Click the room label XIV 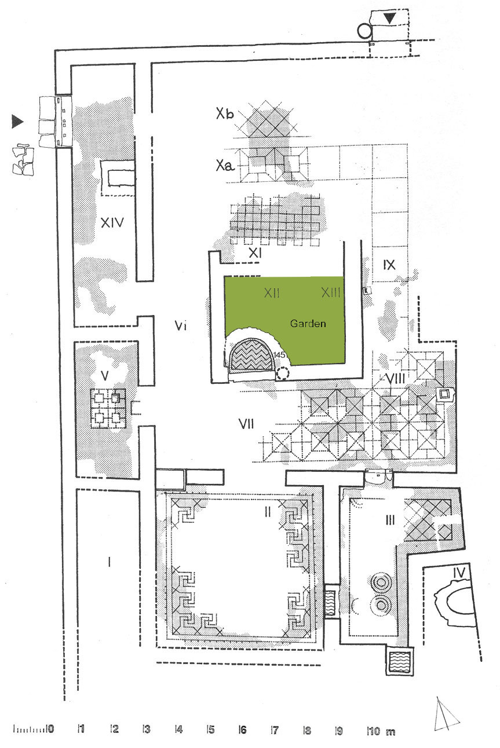click(112, 222)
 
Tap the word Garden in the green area click(308, 323)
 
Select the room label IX click(389, 265)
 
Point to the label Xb click(225, 113)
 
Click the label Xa click(225, 165)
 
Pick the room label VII click(246, 424)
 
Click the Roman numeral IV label click(459, 573)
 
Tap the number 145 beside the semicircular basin click(279, 355)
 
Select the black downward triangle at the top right click(390, 18)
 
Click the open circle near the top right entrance click(364, 31)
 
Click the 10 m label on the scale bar click(381, 731)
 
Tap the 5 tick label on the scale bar click(211, 729)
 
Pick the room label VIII click(395, 379)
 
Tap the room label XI click(255, 253)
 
